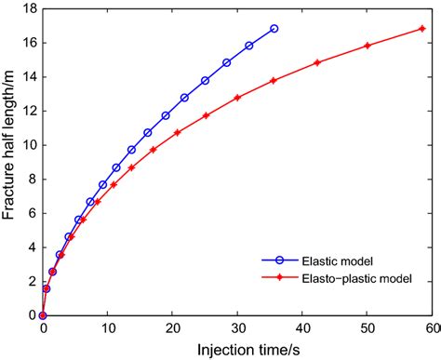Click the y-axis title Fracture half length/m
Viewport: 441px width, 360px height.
tap(10, 163)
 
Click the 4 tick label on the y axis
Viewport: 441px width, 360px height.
tap(33, 247)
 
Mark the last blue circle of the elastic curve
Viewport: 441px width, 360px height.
tap(274, 29)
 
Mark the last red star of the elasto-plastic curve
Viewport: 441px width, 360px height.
tap(421, 29)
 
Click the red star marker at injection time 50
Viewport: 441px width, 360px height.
tap(367, 46)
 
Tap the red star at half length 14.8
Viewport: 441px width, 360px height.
tap(317, 62)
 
